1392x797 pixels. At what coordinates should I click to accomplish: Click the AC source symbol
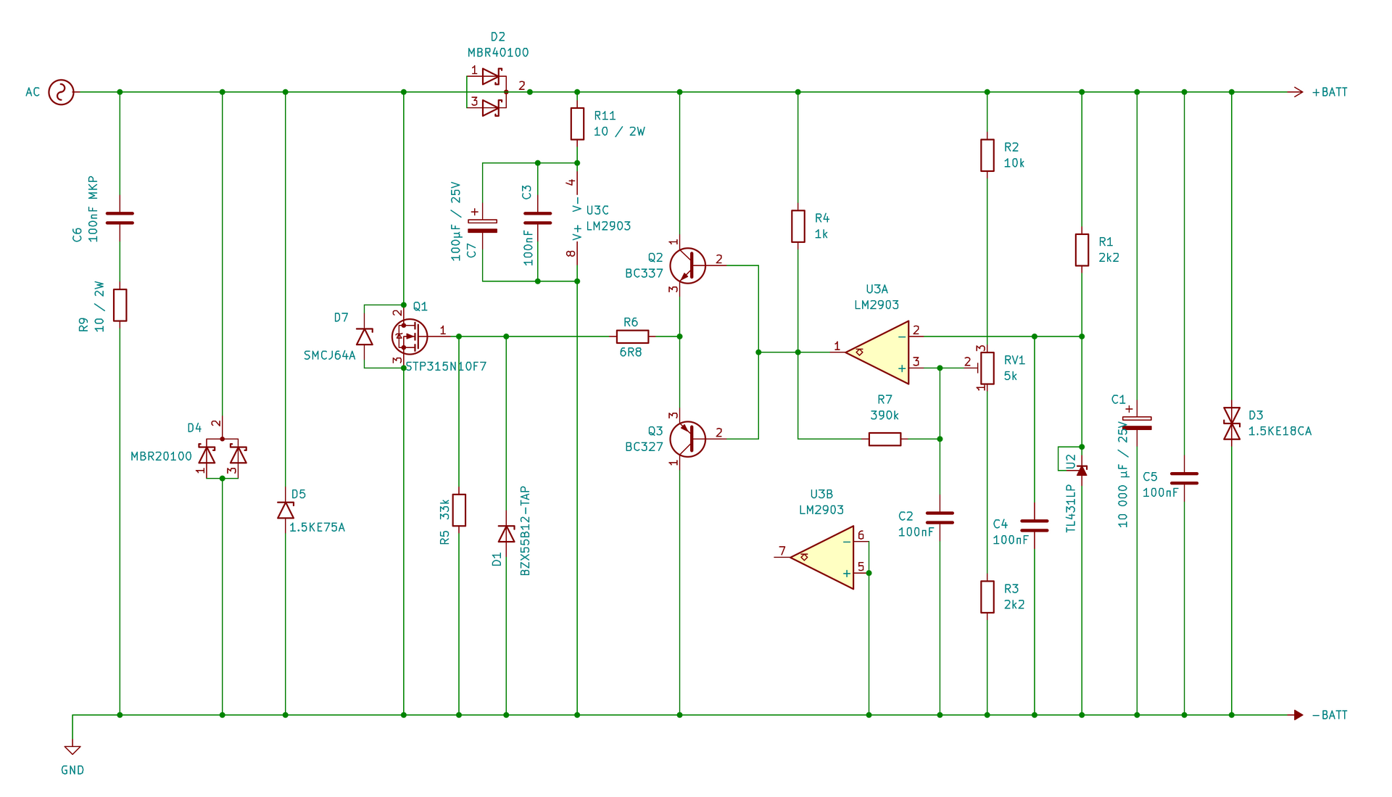coord(61,92)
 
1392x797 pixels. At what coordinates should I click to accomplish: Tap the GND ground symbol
coord(72,750)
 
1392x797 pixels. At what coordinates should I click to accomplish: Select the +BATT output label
coord(1330,92)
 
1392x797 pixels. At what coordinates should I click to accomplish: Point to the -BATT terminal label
coord(1330,715)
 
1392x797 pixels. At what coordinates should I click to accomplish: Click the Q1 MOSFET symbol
coord(409,336)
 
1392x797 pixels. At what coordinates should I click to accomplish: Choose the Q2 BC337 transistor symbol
coord(687,265)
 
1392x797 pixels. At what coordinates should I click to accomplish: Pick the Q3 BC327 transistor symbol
coord(687,439)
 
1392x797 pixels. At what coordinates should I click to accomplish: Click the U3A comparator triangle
coord(877,352)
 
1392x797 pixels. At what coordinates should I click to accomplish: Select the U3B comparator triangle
coord(822,558)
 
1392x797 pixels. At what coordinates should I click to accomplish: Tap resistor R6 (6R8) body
coord(632,336)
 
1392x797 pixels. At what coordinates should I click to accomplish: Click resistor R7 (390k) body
coord(884,439)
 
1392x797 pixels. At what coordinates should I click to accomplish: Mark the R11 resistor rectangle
coord(577,124)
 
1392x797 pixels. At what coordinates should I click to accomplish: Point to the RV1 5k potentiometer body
coord(987,368)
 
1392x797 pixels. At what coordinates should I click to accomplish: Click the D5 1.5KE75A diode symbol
coord(285,510)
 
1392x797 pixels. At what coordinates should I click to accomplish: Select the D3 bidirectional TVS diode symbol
coord(1232,424)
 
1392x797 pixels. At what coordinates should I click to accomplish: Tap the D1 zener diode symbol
coord(506,534)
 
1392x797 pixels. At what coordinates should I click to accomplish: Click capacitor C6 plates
coord(120,218)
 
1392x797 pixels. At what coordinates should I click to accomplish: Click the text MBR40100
coord(498,52)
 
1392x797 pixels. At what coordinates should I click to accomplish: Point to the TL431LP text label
coord(1070,508)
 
